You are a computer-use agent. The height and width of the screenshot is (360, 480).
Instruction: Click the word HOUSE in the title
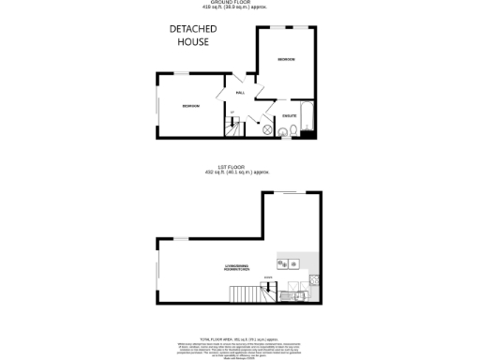coord(195,42)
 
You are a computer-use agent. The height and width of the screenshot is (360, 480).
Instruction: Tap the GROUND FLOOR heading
coord(240,1)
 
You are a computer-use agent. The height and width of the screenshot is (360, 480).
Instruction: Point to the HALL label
coord(240,93)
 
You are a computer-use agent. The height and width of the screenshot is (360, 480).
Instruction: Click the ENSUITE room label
coord(289,114)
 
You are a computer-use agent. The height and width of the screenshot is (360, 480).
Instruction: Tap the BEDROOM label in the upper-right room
coord(286,60)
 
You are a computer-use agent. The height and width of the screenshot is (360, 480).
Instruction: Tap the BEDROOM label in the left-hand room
coord(191,105)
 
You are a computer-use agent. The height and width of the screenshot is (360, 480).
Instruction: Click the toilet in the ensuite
coord(292,129)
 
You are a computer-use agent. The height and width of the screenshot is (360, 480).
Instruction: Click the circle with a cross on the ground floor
coord(266,129)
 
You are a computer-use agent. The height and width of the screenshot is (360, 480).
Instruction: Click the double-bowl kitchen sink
coord(286,262)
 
